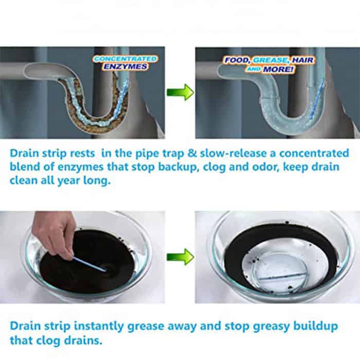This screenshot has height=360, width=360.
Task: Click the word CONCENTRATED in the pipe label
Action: coord(125,59)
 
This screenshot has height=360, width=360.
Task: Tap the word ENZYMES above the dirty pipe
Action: coord(125,66)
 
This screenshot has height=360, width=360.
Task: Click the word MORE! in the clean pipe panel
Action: coord(278,69)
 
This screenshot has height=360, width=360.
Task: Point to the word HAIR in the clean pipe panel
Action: coord(302,60)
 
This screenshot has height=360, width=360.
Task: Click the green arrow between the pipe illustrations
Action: coord(180,92)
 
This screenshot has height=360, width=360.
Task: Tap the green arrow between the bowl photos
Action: coord(180,257)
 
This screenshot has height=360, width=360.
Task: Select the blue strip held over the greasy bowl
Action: coord(89,264)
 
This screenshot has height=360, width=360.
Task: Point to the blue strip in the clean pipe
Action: coord(317,98)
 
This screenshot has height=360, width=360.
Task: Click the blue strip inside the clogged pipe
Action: coord(120,99)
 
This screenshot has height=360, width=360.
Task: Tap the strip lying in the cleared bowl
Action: coord(279,276)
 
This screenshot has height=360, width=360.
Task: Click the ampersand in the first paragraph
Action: coord(192,153)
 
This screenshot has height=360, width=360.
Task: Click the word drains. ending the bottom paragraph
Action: coord(83,340)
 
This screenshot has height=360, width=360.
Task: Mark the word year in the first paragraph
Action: coord(68,181)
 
